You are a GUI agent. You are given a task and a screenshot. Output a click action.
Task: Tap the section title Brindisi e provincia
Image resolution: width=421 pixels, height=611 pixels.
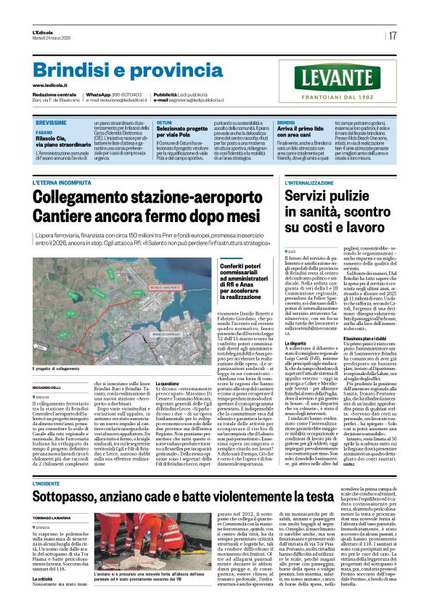(x=118, y=70)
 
